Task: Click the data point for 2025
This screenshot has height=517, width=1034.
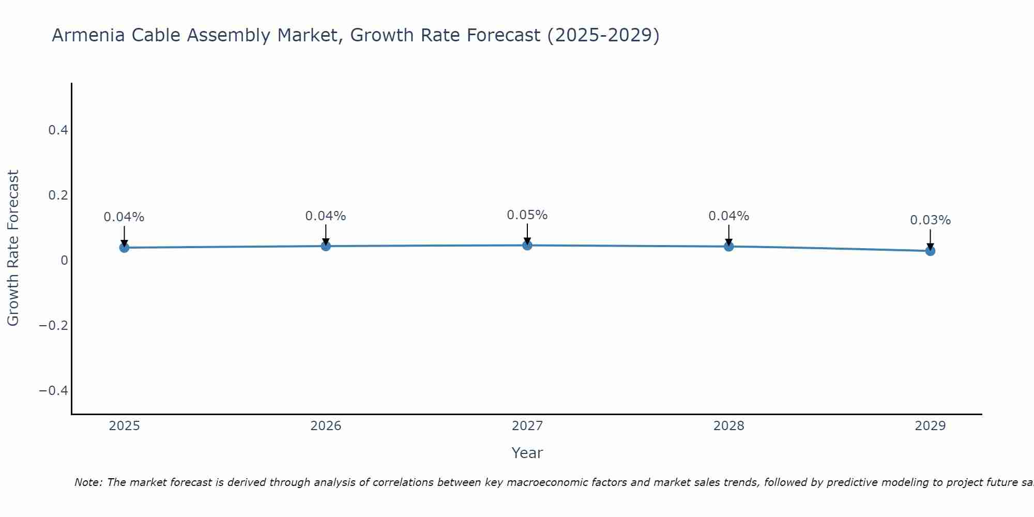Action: pos(124,248)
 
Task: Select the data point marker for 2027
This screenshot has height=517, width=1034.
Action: pos(527,245)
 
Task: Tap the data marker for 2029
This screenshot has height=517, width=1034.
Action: pos(930,251)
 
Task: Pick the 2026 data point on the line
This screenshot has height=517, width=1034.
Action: pos(326,246)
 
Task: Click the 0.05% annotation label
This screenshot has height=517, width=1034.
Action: pos(527,215)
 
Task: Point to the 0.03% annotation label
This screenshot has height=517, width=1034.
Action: pos(930,220)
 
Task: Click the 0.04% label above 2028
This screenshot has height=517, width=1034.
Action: pos(728,216)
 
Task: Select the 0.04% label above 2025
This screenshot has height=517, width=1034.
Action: pos(124,217)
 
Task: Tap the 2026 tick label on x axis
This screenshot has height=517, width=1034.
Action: pos(326,426)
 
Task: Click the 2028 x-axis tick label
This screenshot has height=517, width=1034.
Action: pos(728,426)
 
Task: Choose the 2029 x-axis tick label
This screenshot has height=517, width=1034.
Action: pos(930,426)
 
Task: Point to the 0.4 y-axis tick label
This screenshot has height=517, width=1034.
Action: pos(58,130)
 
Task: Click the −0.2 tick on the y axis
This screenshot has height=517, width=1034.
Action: pos(54,325)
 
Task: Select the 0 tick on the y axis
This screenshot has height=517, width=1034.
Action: pos(65,261)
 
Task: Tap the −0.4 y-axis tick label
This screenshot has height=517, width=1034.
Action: pos(54,390)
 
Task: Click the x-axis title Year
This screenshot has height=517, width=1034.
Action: pos(527,453)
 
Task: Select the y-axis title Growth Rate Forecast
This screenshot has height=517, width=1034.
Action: pos(13,248)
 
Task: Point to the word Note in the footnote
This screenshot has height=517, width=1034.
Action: pos(88,482)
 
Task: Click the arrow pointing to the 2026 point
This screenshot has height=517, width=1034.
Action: pos(326,234)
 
